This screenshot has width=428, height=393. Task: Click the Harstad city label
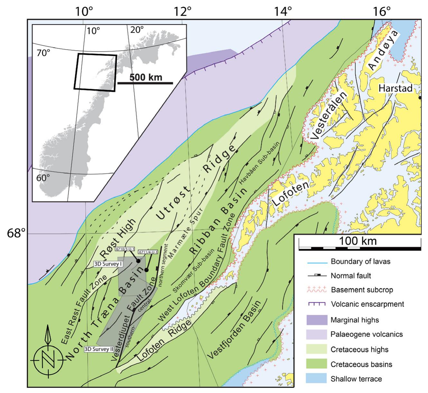(395, 88)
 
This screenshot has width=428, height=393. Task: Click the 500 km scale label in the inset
(146, 77)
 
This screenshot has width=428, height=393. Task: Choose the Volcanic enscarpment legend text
(367, 304)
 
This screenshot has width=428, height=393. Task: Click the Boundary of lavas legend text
(360, 261)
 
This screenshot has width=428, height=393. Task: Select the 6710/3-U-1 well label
(126, 249)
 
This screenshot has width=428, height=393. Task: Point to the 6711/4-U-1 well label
(148, 252)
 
